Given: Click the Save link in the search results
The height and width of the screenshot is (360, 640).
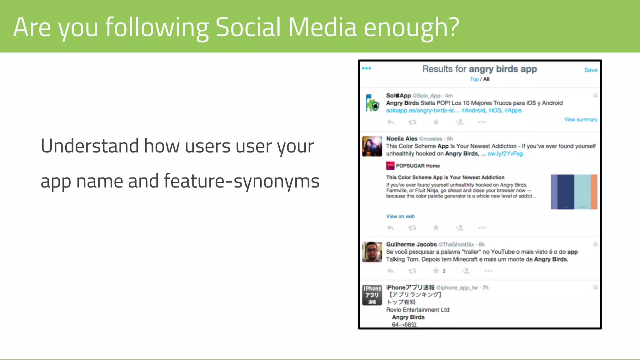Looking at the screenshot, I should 591,70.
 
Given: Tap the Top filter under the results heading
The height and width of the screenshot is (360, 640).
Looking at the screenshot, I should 474,79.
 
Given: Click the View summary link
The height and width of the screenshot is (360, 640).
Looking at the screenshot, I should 581,120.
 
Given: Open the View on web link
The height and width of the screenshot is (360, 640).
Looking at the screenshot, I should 400,216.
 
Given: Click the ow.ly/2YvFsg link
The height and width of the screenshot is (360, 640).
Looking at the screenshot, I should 505,154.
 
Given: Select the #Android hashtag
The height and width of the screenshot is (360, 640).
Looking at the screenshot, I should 473,111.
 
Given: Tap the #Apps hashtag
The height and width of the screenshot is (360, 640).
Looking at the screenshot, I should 513,111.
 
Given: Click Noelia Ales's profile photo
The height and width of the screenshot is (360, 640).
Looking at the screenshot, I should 372,146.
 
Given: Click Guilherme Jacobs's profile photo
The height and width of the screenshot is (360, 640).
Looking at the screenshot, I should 372,252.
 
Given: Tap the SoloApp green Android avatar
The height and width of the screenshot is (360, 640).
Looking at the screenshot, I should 372,103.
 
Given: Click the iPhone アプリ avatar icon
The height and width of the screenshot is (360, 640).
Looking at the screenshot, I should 372,295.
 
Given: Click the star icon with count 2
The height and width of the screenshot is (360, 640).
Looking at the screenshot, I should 436,271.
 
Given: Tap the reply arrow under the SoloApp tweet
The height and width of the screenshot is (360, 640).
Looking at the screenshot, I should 391,122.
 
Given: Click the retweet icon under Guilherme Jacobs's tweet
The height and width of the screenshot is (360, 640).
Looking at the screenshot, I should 412,271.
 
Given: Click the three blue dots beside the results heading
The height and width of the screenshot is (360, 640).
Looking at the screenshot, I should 367,68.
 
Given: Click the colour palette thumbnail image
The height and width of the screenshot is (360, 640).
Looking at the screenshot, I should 574,192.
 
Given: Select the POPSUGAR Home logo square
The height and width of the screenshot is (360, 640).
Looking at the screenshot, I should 390,166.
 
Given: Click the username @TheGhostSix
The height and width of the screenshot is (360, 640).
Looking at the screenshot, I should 456,244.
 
